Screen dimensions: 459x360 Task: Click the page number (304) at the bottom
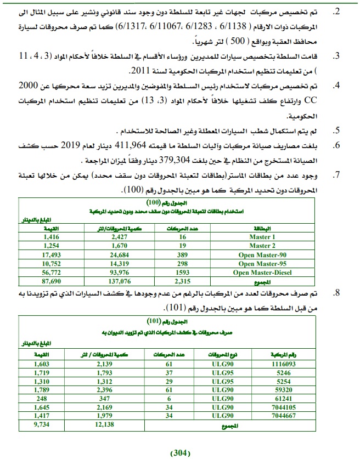[180, 452]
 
